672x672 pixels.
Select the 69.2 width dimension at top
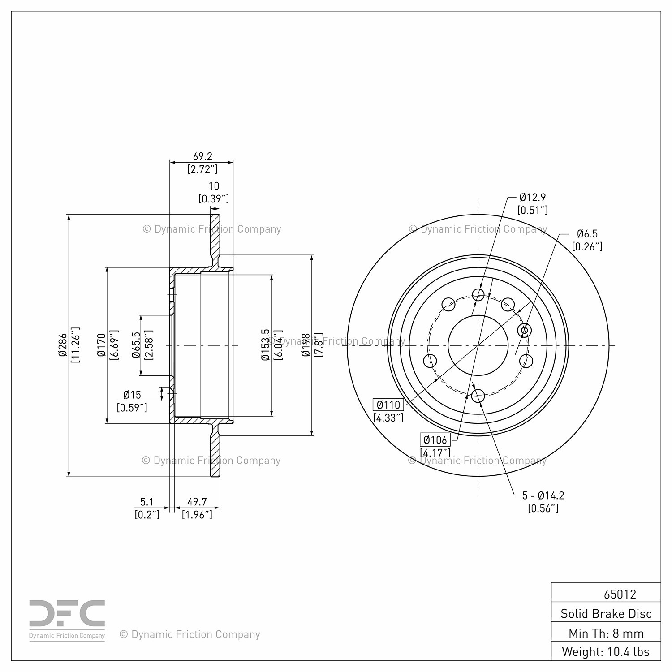coord(202,157)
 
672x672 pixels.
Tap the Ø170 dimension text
coord(101,345)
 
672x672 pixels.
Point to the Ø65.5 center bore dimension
coord(136,345)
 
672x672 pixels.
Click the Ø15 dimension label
coord(132,395)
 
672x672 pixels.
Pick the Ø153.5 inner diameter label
coord(265,345)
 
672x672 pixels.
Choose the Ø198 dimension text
coord(306,345)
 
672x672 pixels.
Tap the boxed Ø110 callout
coord(388,405)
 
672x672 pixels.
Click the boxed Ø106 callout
coord(435,440)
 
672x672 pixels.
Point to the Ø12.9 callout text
coord(533,197)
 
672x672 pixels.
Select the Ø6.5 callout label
coord(587,233)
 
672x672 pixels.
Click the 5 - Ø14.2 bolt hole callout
coord(543,495)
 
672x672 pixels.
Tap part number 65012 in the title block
coord(620,594)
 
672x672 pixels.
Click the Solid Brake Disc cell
coord(606,613)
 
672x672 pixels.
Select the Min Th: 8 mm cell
coord(606,633)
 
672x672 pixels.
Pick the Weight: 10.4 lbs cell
coord(606,651)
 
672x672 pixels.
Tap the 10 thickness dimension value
coord(214,186)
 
